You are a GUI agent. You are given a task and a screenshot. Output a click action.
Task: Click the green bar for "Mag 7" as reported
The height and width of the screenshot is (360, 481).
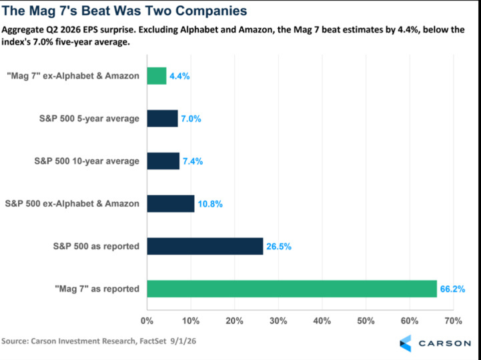[x=292, y=289]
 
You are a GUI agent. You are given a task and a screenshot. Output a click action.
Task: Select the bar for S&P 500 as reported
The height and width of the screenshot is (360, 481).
[x=205, y=246]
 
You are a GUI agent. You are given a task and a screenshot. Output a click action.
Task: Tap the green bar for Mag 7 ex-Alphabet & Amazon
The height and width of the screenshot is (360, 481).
[x=157, y=76]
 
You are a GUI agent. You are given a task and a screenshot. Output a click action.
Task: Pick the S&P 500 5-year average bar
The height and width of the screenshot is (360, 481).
[x=162, y=119]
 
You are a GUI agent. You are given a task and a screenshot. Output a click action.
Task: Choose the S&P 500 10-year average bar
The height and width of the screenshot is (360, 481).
[x=163, y=161]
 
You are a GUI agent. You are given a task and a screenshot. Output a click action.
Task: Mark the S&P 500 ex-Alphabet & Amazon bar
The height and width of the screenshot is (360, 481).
[x=171, y=203]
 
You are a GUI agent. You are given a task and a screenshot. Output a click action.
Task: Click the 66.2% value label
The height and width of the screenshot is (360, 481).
[x=452, y=289]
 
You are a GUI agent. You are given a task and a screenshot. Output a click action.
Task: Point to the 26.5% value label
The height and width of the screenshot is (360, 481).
[x=279, y=246]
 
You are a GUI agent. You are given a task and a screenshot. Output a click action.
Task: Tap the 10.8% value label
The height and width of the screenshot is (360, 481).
[x=210, y=203]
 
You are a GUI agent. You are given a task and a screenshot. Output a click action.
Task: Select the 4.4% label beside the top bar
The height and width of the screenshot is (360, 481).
[x=179, y=76]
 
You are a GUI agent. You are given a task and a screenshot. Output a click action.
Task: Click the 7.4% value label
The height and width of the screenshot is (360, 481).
[x=193, y=161]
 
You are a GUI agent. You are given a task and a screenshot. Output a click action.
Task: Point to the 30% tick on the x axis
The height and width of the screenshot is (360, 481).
[x=278, y=321]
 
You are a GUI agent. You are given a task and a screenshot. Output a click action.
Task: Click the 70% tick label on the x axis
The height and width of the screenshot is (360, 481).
[x=453, y=321]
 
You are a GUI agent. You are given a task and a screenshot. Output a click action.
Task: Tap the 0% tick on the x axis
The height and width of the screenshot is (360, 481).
[x=147, y=321]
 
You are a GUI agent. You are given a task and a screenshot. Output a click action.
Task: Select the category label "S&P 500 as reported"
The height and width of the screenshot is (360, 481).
[x=96, y=246]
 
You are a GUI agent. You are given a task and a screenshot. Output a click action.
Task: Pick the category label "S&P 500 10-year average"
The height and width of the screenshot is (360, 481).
[x=87, y=161]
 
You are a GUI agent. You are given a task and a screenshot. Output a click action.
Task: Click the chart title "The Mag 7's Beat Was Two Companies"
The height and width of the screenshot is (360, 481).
[x=124, y=11]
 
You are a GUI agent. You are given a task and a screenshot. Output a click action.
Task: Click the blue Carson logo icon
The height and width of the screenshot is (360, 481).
[x=405, y=343]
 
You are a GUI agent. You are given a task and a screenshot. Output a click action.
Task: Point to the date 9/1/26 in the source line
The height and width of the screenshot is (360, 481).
[x=183, y=341]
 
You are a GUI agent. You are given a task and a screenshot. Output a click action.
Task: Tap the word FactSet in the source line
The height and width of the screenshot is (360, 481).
[x=153, y=341]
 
